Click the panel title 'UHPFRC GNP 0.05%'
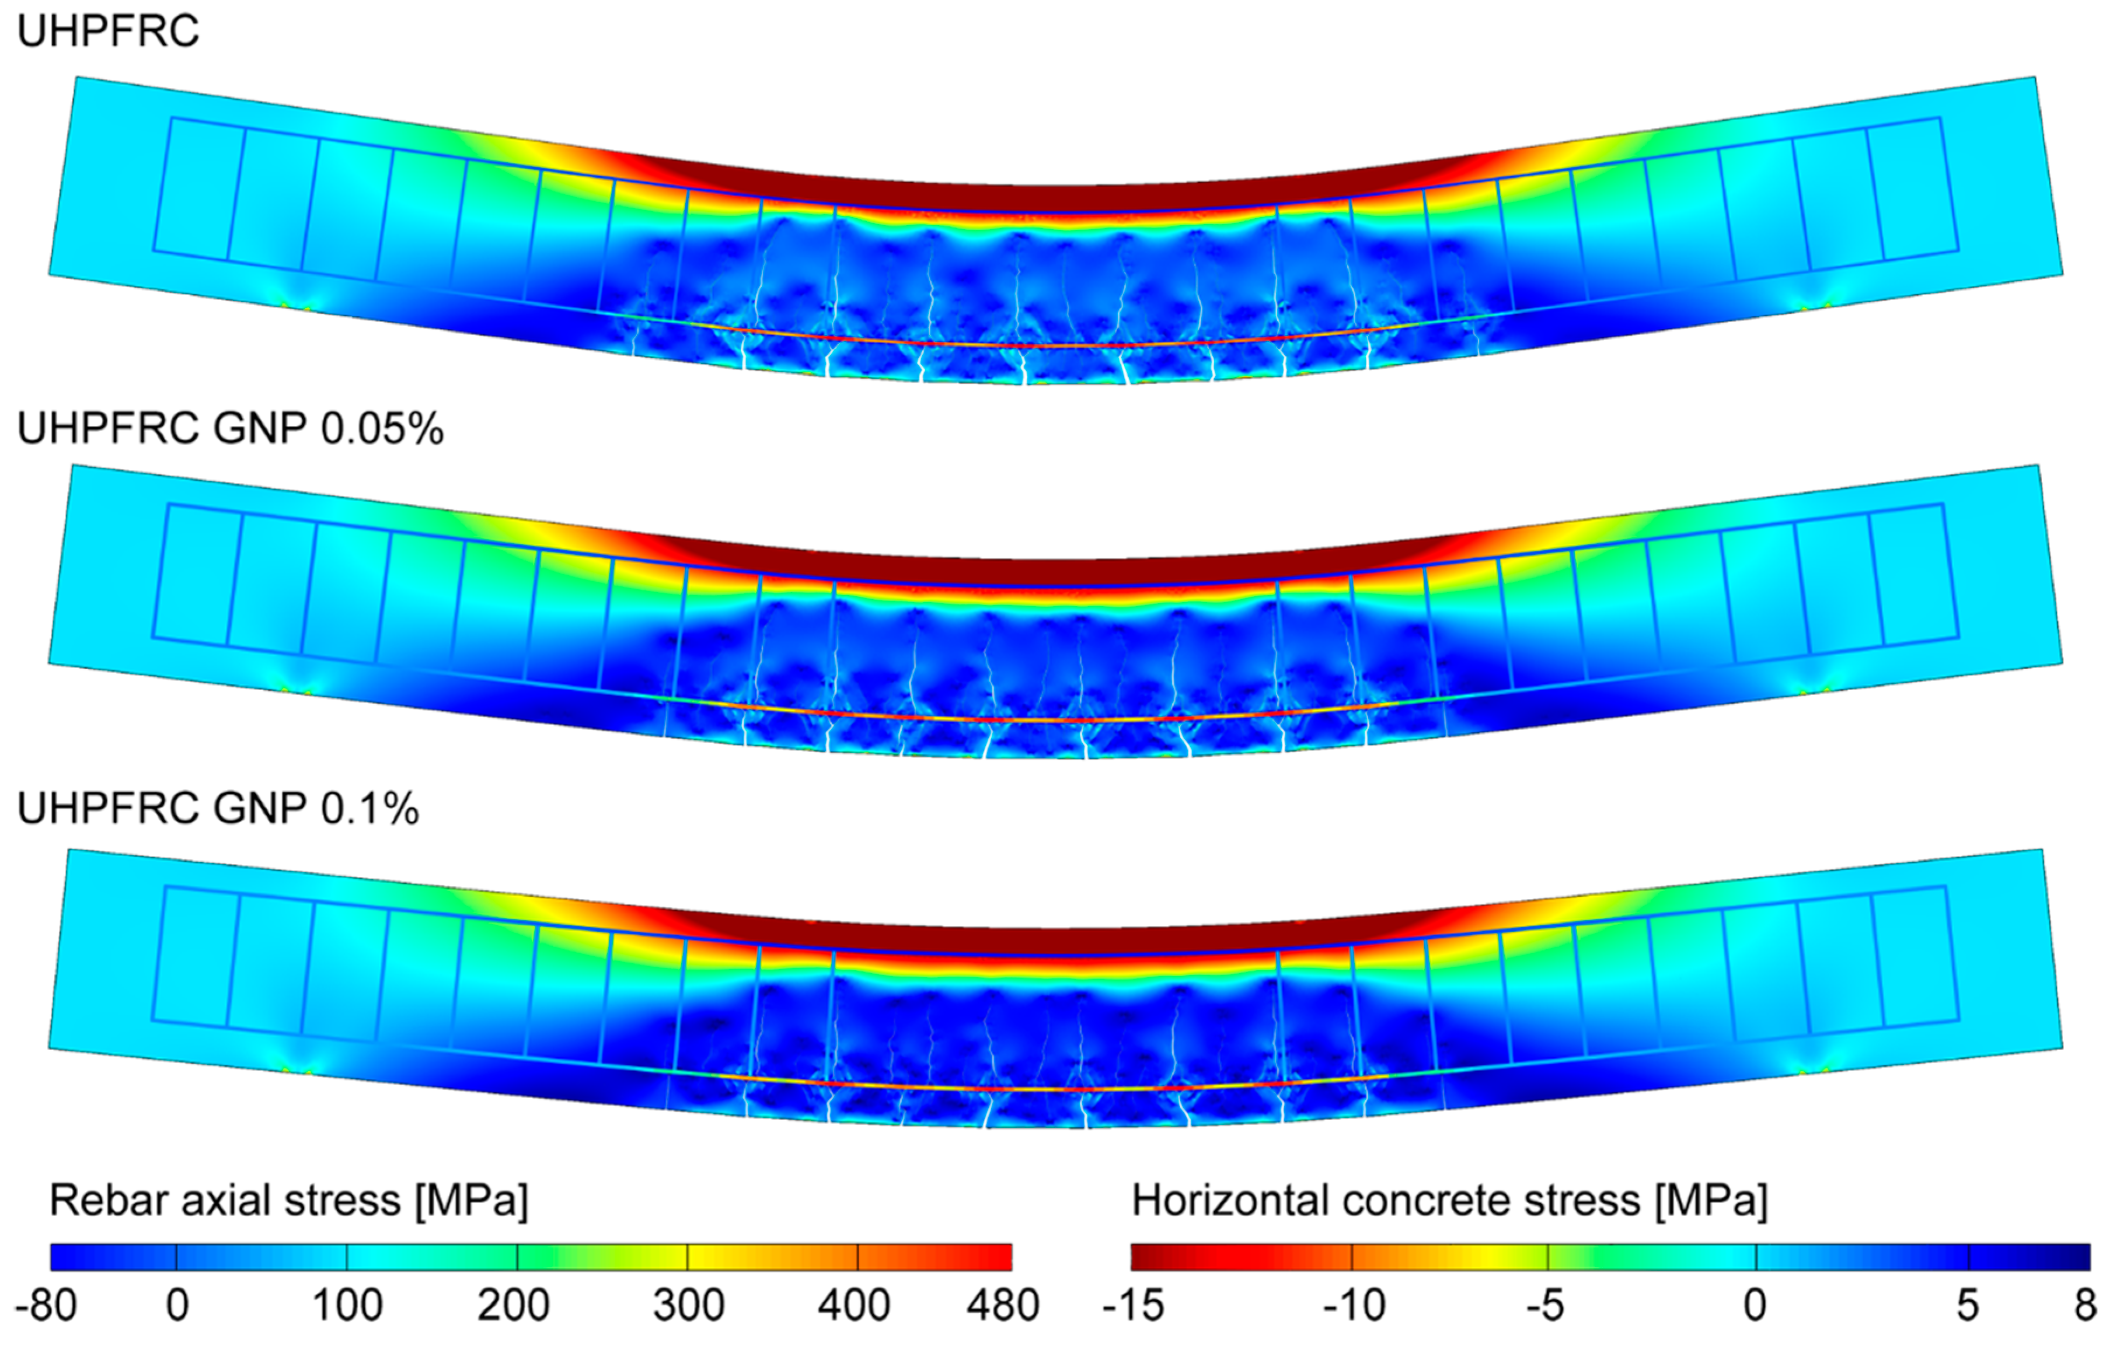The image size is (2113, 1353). [x=231, y=429]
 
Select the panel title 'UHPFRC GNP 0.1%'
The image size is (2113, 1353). [x=218, y=808]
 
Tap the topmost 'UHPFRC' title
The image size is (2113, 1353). [x=108, y=33]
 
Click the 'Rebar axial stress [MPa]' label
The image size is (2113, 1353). [x=288, y=1200]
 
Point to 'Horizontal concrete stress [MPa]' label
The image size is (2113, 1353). [x=1449, y=1200]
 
